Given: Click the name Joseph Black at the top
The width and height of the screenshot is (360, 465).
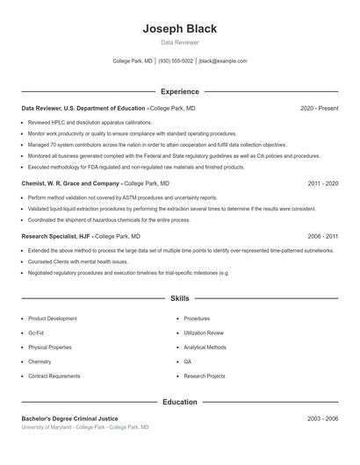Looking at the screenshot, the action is [179, 28].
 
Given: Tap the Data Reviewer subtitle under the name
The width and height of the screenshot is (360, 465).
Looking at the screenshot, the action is [179, 42].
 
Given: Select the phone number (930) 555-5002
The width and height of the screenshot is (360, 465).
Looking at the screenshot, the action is [176, 61].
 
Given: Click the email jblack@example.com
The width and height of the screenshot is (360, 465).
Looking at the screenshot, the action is [223, 61].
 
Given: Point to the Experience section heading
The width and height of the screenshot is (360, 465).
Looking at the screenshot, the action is [179, 91].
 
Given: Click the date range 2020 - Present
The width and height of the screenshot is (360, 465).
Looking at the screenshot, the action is [319, 108].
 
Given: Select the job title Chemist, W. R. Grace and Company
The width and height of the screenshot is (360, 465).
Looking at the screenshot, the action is [71, 184].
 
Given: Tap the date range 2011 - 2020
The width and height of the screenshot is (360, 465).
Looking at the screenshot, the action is [322, 184].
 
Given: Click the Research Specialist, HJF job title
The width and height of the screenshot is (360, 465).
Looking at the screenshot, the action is [55, 237].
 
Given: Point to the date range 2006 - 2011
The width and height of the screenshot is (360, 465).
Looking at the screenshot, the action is [322, 237].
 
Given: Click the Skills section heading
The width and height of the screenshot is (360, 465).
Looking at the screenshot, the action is [179, 298].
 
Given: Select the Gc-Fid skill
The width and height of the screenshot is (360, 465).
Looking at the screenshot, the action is [37, 333].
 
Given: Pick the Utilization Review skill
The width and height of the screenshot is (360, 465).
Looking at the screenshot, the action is [204, 333].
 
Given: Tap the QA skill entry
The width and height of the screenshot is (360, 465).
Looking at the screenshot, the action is [187, 361].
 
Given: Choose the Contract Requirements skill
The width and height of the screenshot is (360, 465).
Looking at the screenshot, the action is [54, 376].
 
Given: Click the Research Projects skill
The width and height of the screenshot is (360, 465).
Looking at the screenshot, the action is [205, 376].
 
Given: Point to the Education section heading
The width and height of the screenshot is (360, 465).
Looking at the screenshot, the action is [179, 402].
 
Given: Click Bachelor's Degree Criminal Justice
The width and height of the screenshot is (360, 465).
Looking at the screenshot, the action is [69, 418].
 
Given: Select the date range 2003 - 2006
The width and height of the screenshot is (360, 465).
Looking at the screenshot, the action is [322, 418].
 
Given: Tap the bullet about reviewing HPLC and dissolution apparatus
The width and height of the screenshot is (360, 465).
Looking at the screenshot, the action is [90, 123].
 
